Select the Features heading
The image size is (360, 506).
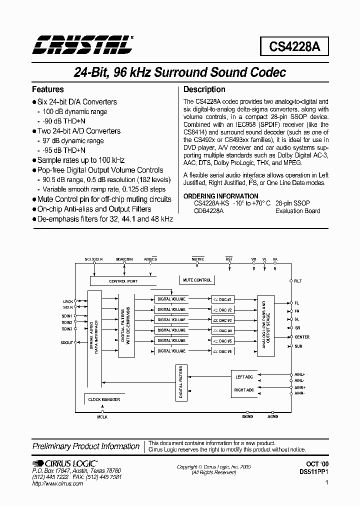tap(48, 89)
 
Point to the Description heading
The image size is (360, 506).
tap(204, 89)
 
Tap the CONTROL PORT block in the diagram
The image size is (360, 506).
tap(122, 281)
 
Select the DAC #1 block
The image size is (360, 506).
tap(222, 299)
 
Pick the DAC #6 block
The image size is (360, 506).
tap(222, 351)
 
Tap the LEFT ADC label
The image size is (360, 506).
tap(244, 377)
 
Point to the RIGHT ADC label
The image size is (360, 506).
tap(244, 389)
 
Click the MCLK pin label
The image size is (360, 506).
tap(102, 416)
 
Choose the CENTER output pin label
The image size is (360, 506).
tap(302, 337)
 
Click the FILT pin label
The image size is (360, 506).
tap(298, 281)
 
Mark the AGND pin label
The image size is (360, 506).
tap(273, 416)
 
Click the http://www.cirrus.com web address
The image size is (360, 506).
tap(57, 484)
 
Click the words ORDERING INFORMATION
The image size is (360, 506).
tap(221, 196)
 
